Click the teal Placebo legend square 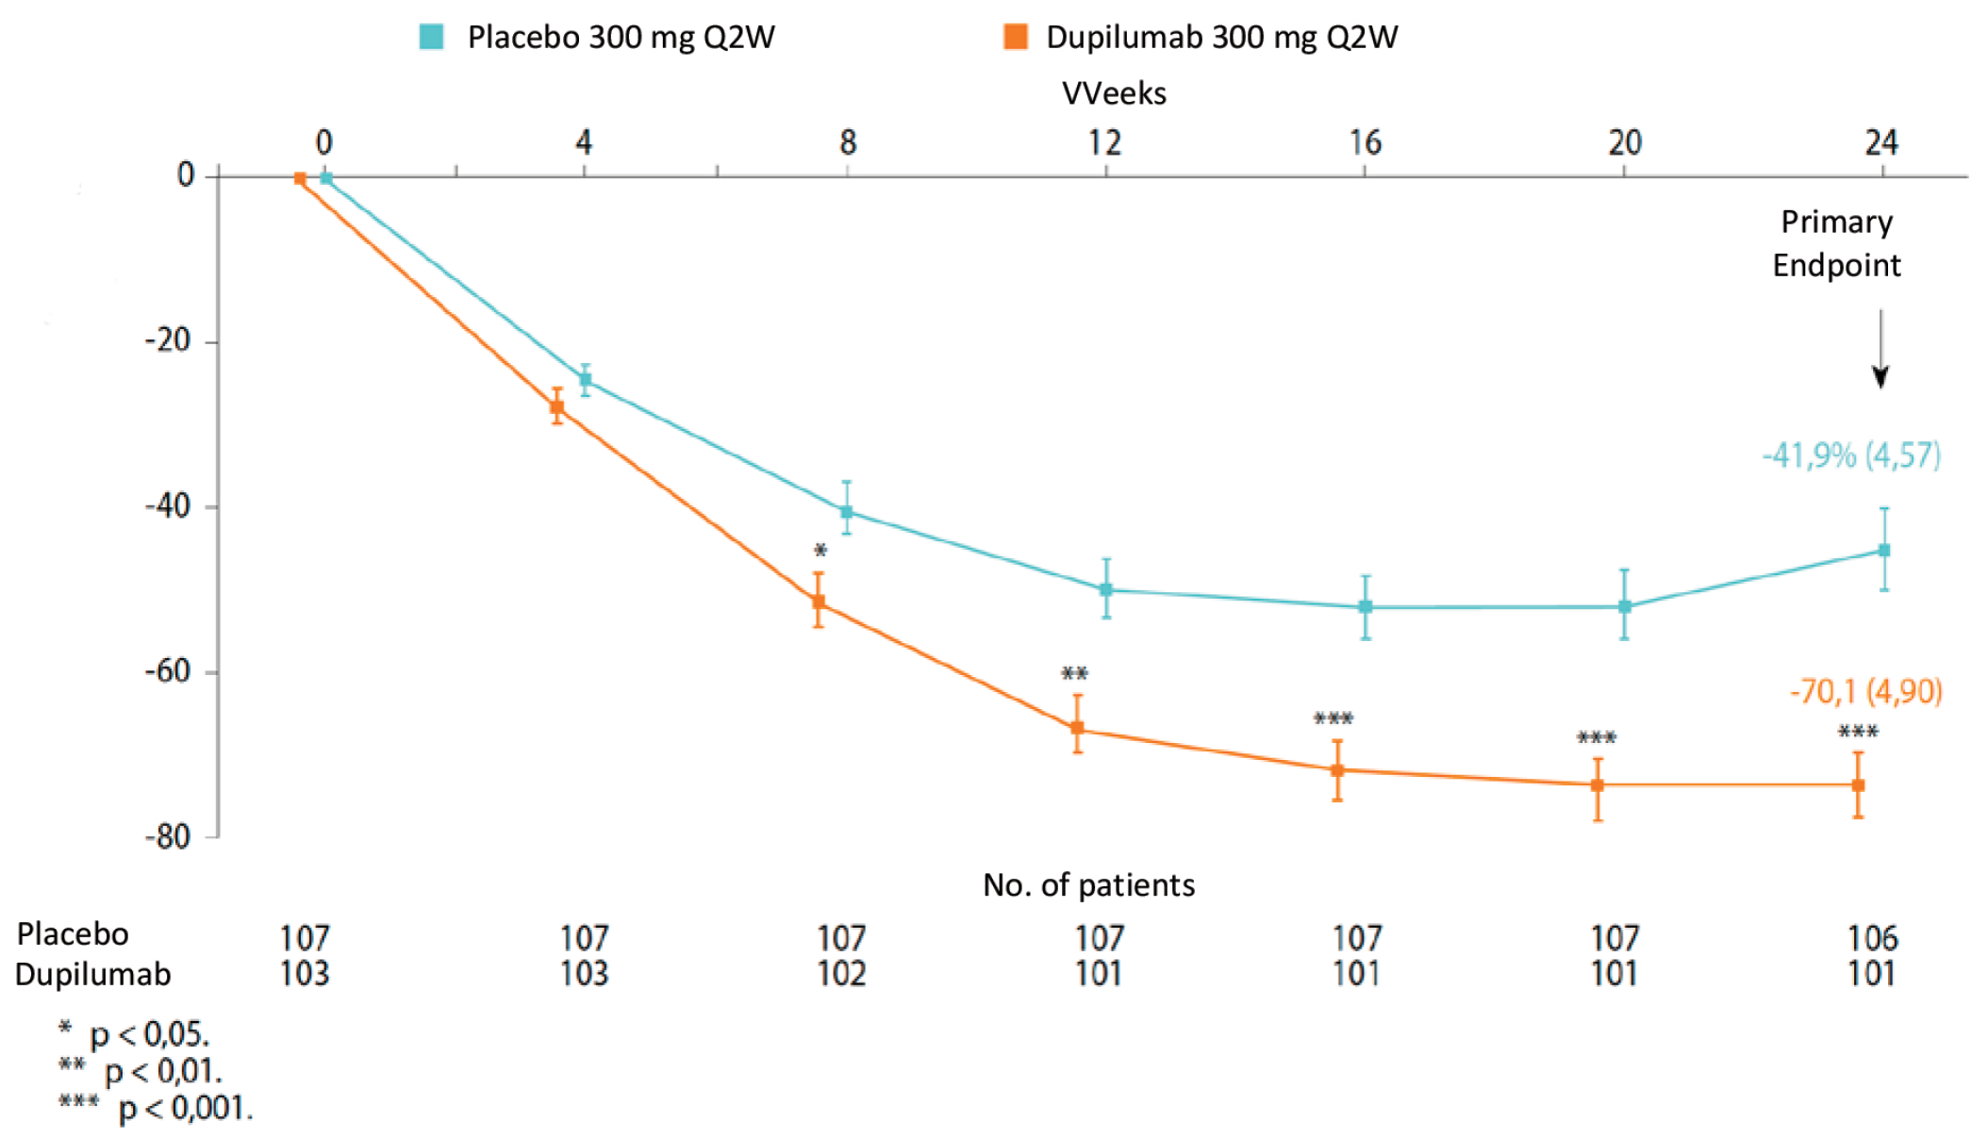431,37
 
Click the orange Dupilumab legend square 1015,37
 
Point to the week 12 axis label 1105,143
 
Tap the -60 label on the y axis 168,671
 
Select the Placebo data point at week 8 847,512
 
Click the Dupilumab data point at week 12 1077,728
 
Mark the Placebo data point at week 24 1884,550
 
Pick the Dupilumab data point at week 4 557,407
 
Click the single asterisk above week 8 820,551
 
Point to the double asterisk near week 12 1074,673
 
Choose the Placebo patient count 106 1872,938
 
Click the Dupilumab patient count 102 841,973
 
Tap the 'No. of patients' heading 1088,885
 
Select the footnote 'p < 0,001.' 185,1108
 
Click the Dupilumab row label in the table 92,973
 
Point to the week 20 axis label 1624,143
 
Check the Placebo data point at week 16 1366,606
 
